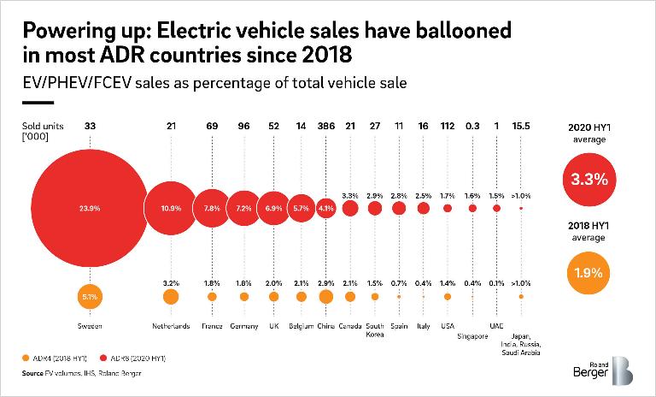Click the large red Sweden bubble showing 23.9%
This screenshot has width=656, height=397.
pyautogui.click(x=89, y=208)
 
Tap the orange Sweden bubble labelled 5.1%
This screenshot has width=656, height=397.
pyautogui.click(x=89, y=297)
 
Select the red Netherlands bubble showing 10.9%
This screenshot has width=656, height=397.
pyautogui.click(x=171, y=208)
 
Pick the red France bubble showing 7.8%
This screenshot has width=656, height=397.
pyautogui.click(x=211, y=208)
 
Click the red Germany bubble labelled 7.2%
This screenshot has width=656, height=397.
pyautogui.click(x=244, y=208)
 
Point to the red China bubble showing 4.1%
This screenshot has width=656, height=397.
pyautogui.click(x=325, y=208)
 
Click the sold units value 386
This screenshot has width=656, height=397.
pyautogui.click(x=325, y=127)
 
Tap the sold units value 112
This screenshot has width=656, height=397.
pyautogui.click(x=448, y=127)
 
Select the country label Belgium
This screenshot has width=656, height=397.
pyautogui.click(x=301, y=326)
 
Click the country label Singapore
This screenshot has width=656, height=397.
pyautogui.click(x=472, y=336)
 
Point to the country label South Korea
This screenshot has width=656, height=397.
pyautogui.click(x=375, y=331)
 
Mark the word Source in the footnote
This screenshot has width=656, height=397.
pyautogui.click(x=31, y=373)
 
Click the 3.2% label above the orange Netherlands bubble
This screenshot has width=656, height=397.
pyautogui.click(x=171, y=281)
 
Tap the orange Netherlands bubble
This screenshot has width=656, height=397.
pyautogui.click(x=171, y=297)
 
